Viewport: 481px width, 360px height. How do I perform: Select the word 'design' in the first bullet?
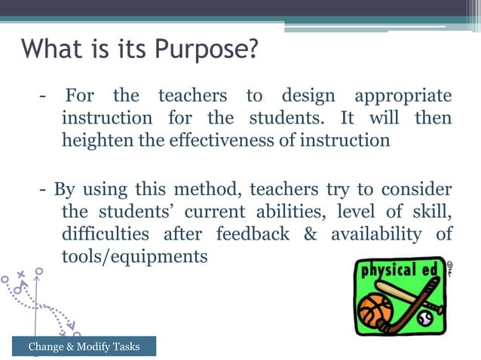click(x=310, y=96)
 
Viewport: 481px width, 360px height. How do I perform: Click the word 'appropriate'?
click(x=403, y=96)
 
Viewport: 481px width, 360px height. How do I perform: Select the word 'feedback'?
click(x=253, y=234)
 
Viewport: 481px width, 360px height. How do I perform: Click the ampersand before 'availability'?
click(x=310, y=234)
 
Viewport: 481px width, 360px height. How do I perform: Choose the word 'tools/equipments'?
click(x=134, y=257)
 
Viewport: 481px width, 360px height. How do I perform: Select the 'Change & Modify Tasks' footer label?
click(x=84, y=346)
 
